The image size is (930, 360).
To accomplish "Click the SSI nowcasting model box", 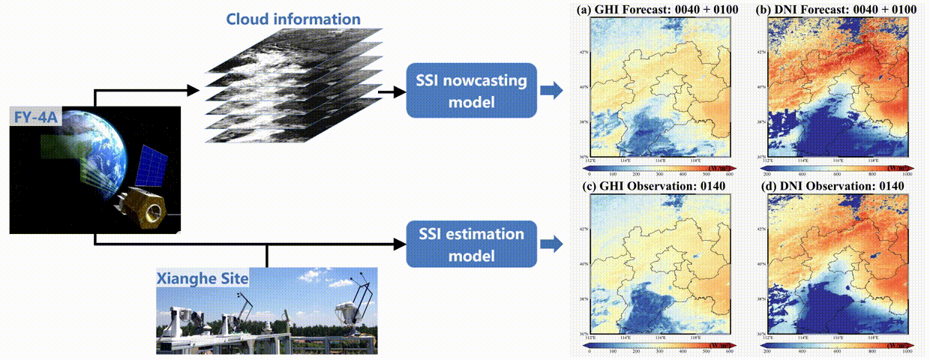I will (x=471, y=90).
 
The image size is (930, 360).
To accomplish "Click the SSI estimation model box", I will (x=471, y=244).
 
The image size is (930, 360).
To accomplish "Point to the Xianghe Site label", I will (x=202, y=279).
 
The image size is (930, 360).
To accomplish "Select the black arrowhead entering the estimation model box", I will (x=395, y=243).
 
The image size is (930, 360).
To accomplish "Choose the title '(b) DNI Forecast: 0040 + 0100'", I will (x=838, y=10).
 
